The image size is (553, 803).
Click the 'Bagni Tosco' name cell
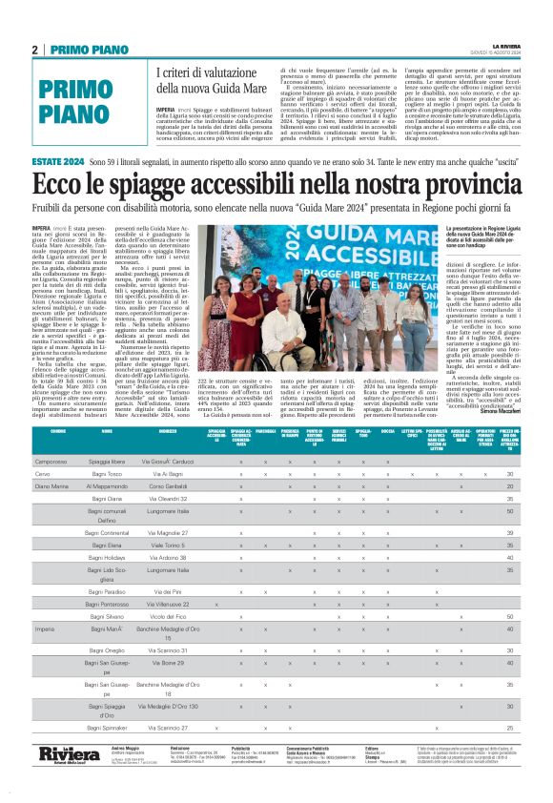point(108,473)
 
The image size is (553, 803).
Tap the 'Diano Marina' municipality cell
point(51,485)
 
